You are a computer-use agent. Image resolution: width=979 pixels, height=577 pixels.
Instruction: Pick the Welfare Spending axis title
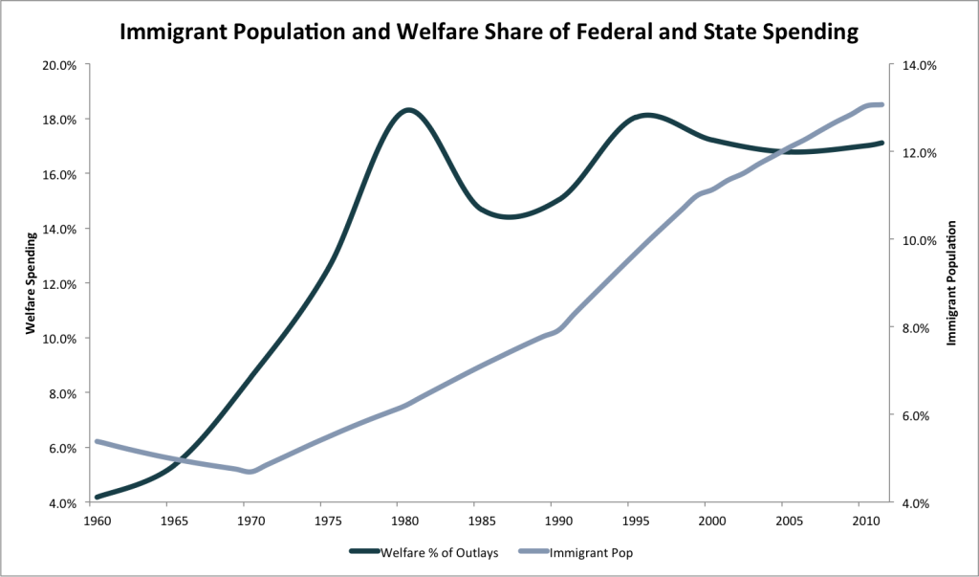pyautogui.click(x=31, y=283)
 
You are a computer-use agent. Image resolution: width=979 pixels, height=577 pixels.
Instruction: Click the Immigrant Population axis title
pyautogui.click(x=951, y=283)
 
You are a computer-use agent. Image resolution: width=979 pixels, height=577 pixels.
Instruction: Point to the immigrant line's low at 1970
pyautogui.click(x=250, y=472)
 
